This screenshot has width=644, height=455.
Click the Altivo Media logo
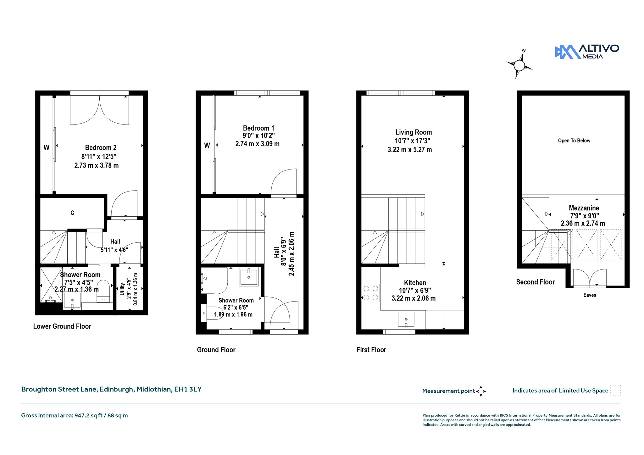coord(587,52)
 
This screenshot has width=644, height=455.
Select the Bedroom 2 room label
coord(101,147)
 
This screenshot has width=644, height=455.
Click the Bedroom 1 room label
coord(258,128)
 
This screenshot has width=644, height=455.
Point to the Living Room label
coord(414,132)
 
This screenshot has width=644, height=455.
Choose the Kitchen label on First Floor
coord(415,283)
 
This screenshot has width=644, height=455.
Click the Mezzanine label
coord(584,208)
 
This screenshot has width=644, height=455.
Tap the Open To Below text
coord(574,141)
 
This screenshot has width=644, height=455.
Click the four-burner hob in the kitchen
coord(371,293)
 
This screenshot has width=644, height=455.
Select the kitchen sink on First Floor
coord(406,319)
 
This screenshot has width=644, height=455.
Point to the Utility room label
coord(122,289)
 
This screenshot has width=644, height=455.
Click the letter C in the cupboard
coord(72,213)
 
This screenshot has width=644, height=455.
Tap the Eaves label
coord(590,295)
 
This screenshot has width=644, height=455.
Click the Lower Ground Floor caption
coord(62,326)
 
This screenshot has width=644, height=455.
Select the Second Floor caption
coord(535,282)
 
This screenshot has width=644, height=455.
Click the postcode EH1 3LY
coord(188,389)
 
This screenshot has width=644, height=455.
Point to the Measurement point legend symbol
coord(481,391)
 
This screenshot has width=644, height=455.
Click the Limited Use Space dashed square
coord(615,390)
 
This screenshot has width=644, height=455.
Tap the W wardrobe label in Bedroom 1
coord(207,145)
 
